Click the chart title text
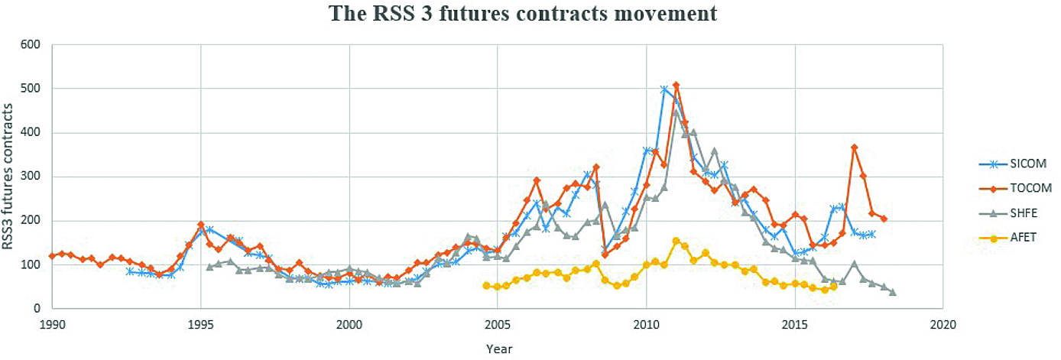click(x=523, y=14)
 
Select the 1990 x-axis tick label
click(x=52, y=324)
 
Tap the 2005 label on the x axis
click(x=497, y=324)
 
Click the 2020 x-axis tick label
click(x=943, y=324)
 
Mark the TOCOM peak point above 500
click(x=676, y=85)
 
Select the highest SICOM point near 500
click(x=664, y=89)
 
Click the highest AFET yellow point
click(x=676, y=241)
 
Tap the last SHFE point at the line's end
click(x=893, y=292)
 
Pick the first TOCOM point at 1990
click(x=52, y=255)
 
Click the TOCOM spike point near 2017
click(x=855, y=148)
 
